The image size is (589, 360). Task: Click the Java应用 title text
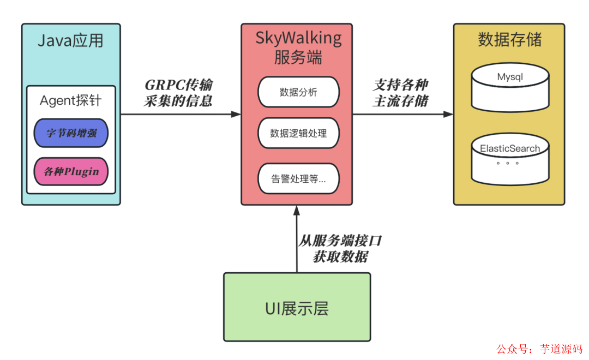pos(70,41)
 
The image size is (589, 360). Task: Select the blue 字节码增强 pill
pos(71,133)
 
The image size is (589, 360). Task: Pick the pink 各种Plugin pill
pos(71,171)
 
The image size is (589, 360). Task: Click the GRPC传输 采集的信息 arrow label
pos(178,93)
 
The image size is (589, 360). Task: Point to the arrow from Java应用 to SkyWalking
pos(180,114)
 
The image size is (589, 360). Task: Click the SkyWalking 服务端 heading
pos(298,47)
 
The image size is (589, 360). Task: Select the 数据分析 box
pos(298,92)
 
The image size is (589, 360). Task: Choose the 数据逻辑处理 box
pos(298,133)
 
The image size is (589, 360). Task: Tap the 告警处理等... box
pos(298,178)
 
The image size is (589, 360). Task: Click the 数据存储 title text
pos(509,40)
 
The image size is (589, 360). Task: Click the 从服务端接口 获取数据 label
pos(340,249)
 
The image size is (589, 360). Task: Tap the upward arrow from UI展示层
pos(297,240)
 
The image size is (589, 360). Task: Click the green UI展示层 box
pos(297,307)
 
